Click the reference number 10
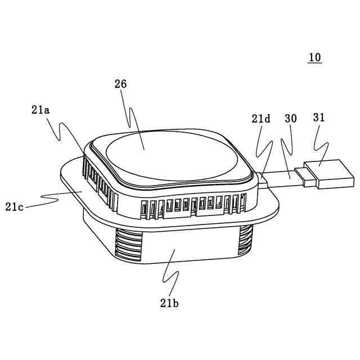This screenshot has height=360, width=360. pyautogui.click(x=315, y=57)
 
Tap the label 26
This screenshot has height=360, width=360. pyautogui.click(x=120, y=84)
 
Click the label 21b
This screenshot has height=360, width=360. pyautogui.click(x=169, y=303)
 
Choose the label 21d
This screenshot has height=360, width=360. pyautogui.click(x=261, y=119)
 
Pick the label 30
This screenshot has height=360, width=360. pyautogui.click(x=291, y=119)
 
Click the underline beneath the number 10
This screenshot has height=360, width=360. pyautogui.click(x=315, y=64)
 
